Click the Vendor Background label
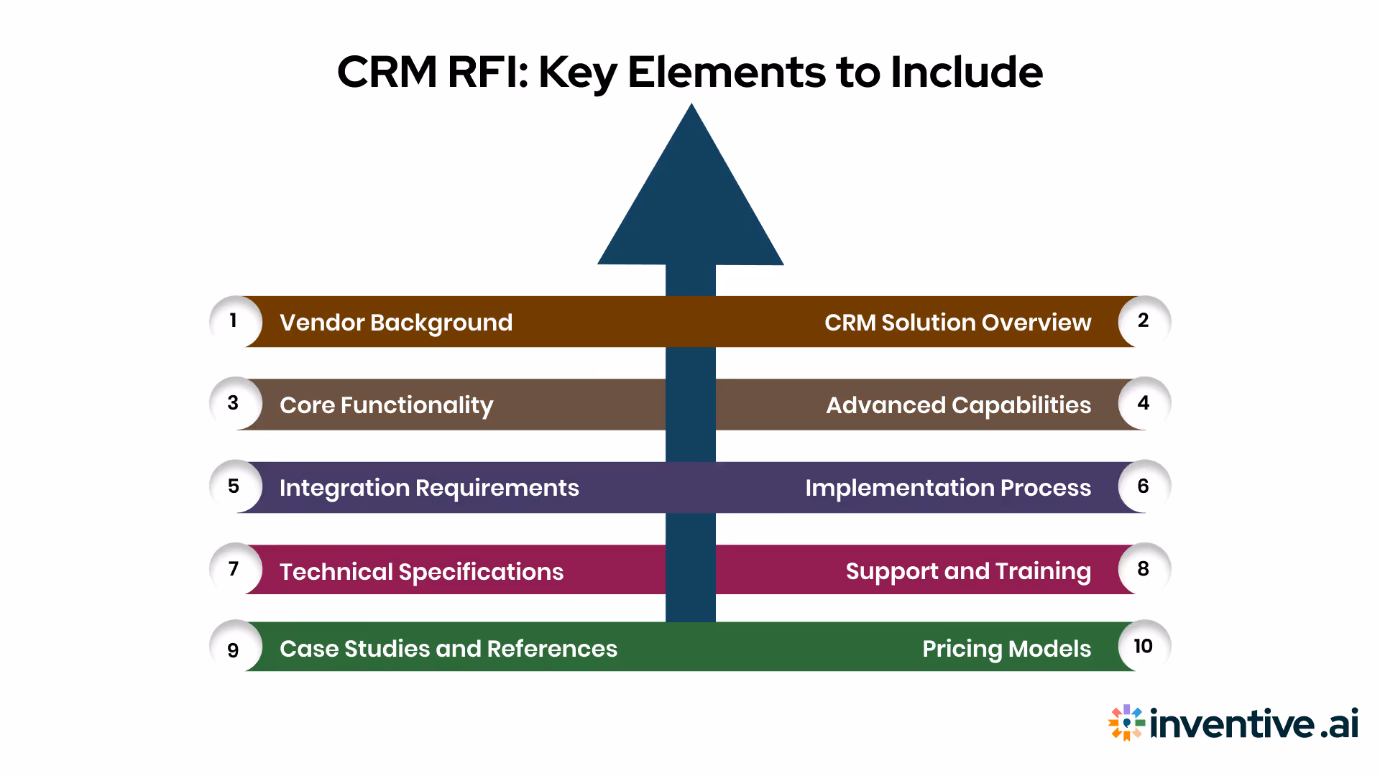(x=395, y=323)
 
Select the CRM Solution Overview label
(x=957, y=323)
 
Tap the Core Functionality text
(x=386, y=405)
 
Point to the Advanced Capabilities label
(x=958, y=405)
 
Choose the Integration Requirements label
(x=429, y=488)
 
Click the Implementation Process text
(x=947, y=488)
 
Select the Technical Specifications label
(x=421, y=571)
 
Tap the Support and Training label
(x=967, y=571)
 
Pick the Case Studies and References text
(x=448, y=649)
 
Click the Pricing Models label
(x=1006, y=649)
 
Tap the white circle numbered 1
(x=234, y=321)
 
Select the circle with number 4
(x=1144, y=403)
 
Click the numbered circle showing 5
(x=234, y=486)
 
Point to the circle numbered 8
(x=1144, y=569)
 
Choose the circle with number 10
(x=1144, y=646)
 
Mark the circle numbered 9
(x=234, y=649)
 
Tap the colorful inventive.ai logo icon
(x=1126, y=723)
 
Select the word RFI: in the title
(x=488, y=72)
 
